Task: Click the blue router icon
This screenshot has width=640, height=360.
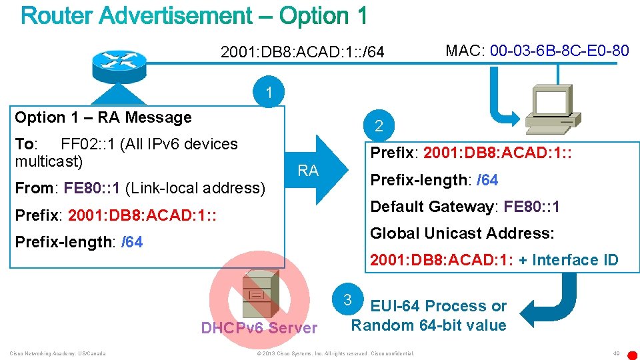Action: tap(115, 61)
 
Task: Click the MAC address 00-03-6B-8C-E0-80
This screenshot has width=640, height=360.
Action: tap(559, 50)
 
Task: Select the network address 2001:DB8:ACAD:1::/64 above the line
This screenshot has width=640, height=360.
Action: tap(302, 51)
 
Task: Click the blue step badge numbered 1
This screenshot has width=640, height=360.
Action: tap(269, 93)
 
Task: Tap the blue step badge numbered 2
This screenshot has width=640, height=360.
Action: tap(379, 125)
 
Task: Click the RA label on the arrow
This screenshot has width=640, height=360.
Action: tap(308, 171)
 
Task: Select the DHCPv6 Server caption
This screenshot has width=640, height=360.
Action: tap(259, 328)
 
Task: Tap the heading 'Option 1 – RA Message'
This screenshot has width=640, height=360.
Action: tap(103, 118)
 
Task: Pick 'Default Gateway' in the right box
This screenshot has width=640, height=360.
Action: tap(431, 207)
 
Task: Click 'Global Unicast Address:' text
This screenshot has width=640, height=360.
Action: tap(462, 233)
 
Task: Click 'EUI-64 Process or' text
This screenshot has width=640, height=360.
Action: tap(438, 306)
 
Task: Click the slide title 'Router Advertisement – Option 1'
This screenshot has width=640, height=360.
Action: tap(194, 15)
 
